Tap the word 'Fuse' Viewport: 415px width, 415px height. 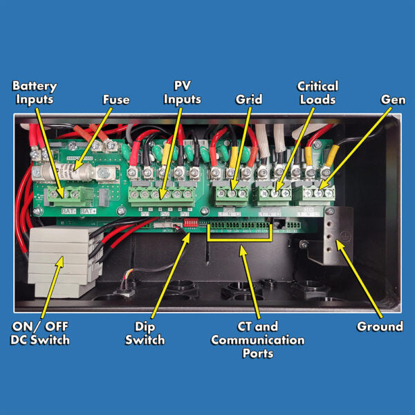(x=116, y=100)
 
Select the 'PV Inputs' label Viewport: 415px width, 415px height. (x=182, y=93)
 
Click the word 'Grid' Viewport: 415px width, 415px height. (x=249, y=100)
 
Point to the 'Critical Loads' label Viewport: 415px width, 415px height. (x=317, y=93)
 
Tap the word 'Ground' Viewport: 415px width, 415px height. (x=380, y=326)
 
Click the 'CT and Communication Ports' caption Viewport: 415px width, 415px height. (x=257, y=340)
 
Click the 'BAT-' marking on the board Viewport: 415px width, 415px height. (x=67, y=211)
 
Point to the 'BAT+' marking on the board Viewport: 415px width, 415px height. (x=89, y=211)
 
